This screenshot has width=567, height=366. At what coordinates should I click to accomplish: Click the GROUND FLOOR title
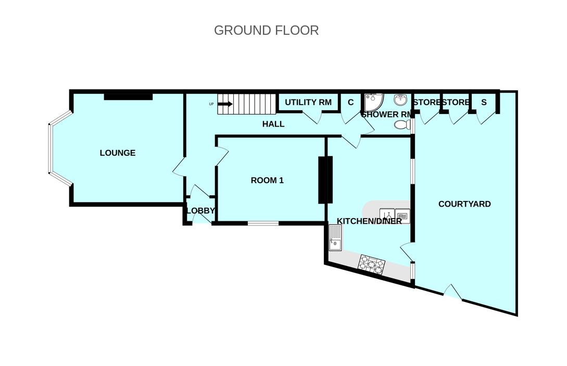coord(266,30)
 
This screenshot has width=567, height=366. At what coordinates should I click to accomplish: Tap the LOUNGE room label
coord(118,153)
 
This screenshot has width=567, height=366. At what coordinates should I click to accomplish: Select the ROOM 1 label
coord(267,180)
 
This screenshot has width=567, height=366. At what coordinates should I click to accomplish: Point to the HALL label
coord(273,124)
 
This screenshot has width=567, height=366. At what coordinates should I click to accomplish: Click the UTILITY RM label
coord(308,103)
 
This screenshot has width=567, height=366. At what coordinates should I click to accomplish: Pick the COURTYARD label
coord(464,204)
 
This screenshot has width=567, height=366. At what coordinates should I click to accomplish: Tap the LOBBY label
coord(200,210)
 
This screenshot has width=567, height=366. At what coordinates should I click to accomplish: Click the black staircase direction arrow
coord(225,104)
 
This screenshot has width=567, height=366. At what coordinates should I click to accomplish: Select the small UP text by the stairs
coord(211,104)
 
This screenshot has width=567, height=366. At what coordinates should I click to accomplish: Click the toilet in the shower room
coord(402,125)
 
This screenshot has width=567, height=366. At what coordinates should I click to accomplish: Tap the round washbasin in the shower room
coord(400,99)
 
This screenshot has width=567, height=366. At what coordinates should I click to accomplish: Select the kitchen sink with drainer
coord(335,237)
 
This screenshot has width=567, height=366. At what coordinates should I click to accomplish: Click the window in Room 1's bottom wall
coord(263,223)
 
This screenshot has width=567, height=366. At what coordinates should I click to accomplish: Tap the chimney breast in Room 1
coord(325,180)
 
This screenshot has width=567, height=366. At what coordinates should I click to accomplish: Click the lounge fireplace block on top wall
coord(129,96)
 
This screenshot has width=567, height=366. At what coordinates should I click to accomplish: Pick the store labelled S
coord(484,103)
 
